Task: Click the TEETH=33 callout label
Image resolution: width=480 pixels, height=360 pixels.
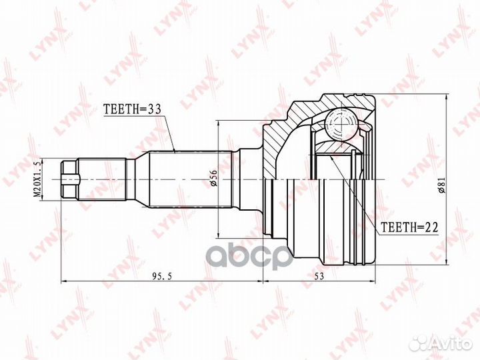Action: (x=132, y=109)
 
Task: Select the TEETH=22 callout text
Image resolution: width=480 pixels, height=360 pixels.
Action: (x=409, y=227)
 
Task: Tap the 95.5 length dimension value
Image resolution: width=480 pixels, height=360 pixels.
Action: (x=163, y=276)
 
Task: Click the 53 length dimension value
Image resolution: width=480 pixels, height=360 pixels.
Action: (x=319, y=276)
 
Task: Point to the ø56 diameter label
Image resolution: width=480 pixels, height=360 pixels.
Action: (x=213, y=178)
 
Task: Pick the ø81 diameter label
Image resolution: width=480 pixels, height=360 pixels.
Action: (x=442, y=185)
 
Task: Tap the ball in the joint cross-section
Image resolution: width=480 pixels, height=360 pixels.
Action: (x=341, y=125)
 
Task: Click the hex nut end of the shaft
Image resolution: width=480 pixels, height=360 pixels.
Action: (x=70, y=179)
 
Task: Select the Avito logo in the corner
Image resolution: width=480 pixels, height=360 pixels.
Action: (x=441, y=344)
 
